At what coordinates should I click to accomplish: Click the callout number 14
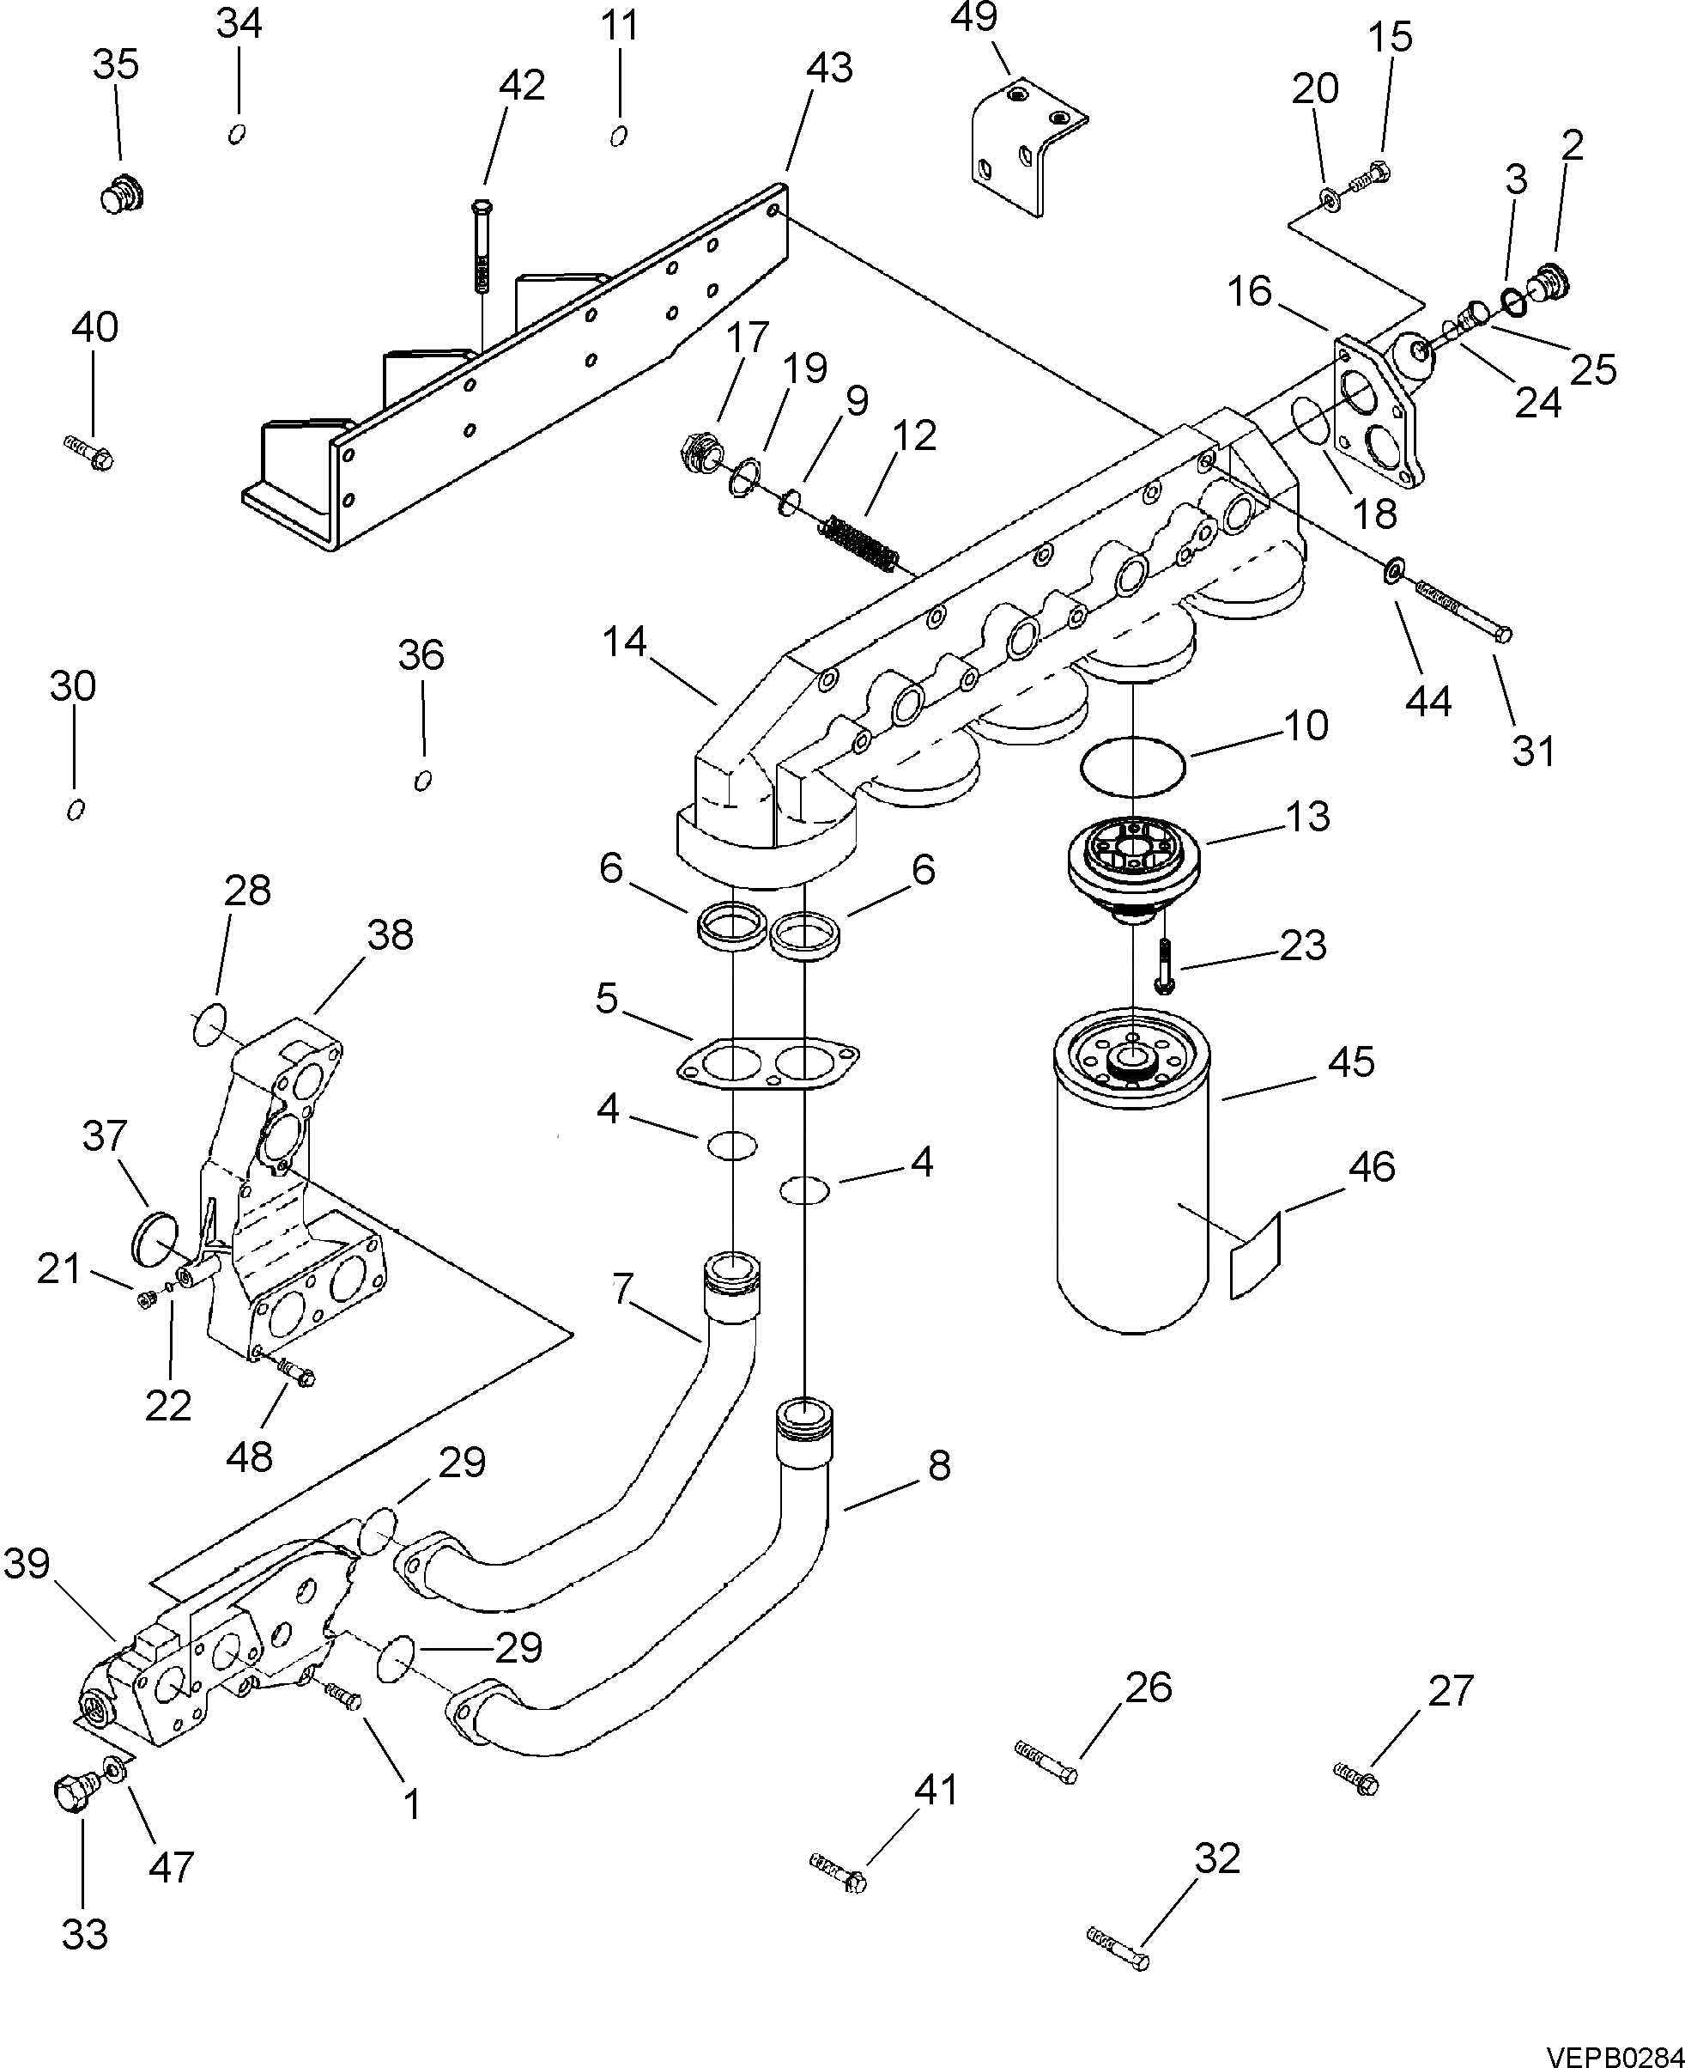(624, 642)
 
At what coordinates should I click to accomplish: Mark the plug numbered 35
(121, 195)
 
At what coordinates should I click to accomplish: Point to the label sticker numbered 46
(1256, 1252)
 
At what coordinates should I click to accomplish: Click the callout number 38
(391, 935)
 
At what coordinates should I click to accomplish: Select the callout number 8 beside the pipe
(938, 1465)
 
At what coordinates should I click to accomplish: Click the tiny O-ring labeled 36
(423, 781)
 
